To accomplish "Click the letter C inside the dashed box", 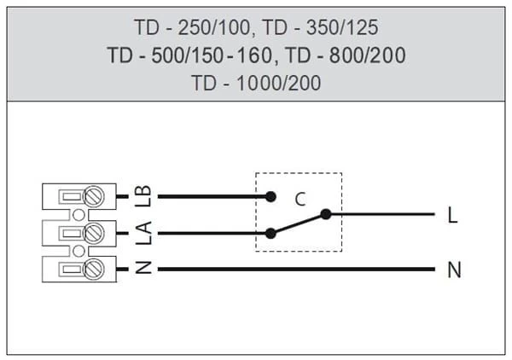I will pos(300,200).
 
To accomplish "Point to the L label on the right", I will pos(452,215).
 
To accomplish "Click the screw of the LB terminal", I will pos(96,196).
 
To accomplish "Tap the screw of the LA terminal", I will pos(96,232).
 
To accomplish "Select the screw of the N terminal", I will pos(96,269).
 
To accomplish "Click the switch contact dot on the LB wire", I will pos(271,196).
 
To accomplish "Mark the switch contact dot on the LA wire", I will pos(271,232).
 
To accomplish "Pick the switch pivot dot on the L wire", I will pos(324,214).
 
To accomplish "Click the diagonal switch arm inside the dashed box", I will pos(297,224).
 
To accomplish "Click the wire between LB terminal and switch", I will pos(213,196).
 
